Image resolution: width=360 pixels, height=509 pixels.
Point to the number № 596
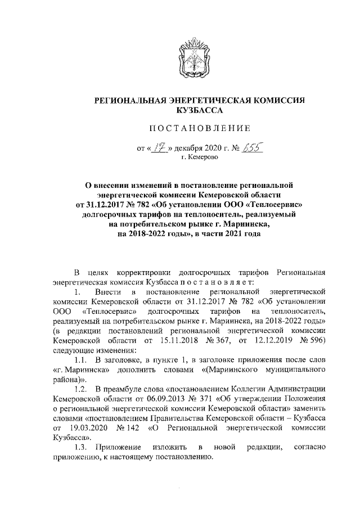(x=309, y=341)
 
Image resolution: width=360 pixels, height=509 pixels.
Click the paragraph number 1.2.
(x=83, y=390)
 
